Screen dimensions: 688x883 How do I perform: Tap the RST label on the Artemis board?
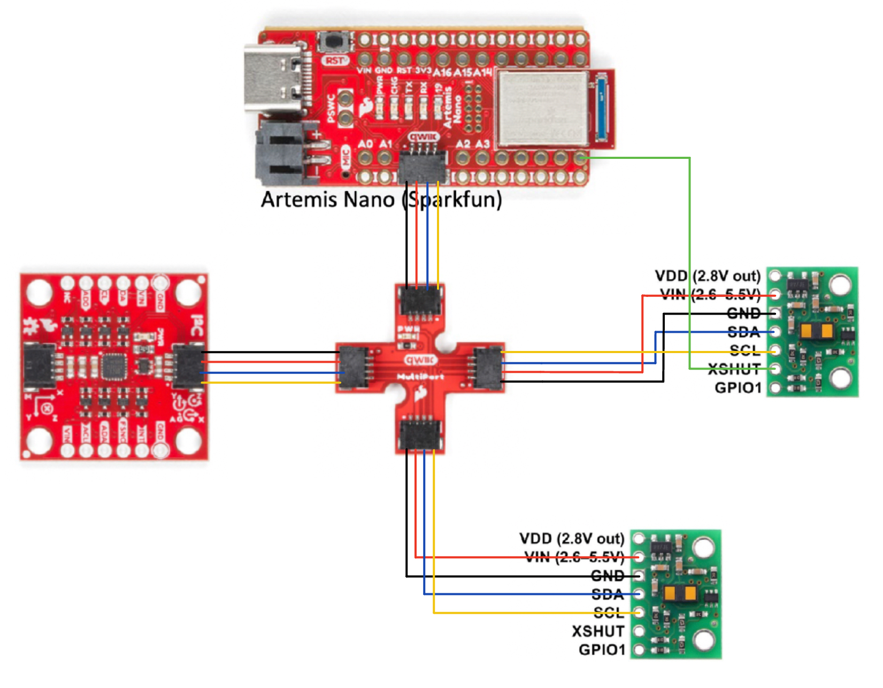pos(335,60)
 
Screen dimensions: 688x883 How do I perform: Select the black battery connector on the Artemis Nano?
pos(283,154)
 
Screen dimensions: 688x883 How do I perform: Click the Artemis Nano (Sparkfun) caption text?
pos(381,200)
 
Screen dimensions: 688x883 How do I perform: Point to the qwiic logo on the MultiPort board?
pos(420,360)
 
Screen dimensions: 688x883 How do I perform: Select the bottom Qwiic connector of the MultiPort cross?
pos(421,434)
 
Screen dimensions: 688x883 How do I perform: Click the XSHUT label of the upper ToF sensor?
pos(734,369)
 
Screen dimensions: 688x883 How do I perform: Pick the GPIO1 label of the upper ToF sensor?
pos(738,387)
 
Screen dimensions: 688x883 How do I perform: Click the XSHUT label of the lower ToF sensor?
pos(598,631)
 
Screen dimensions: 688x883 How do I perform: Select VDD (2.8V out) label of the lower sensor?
pos(572,538)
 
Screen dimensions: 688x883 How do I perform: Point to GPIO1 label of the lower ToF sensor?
pos(602,650)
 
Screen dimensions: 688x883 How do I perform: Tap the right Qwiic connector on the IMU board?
pos(187,367)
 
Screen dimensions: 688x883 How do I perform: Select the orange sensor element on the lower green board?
pos(680,593)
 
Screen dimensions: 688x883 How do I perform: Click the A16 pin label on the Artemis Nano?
pos(442,72)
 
